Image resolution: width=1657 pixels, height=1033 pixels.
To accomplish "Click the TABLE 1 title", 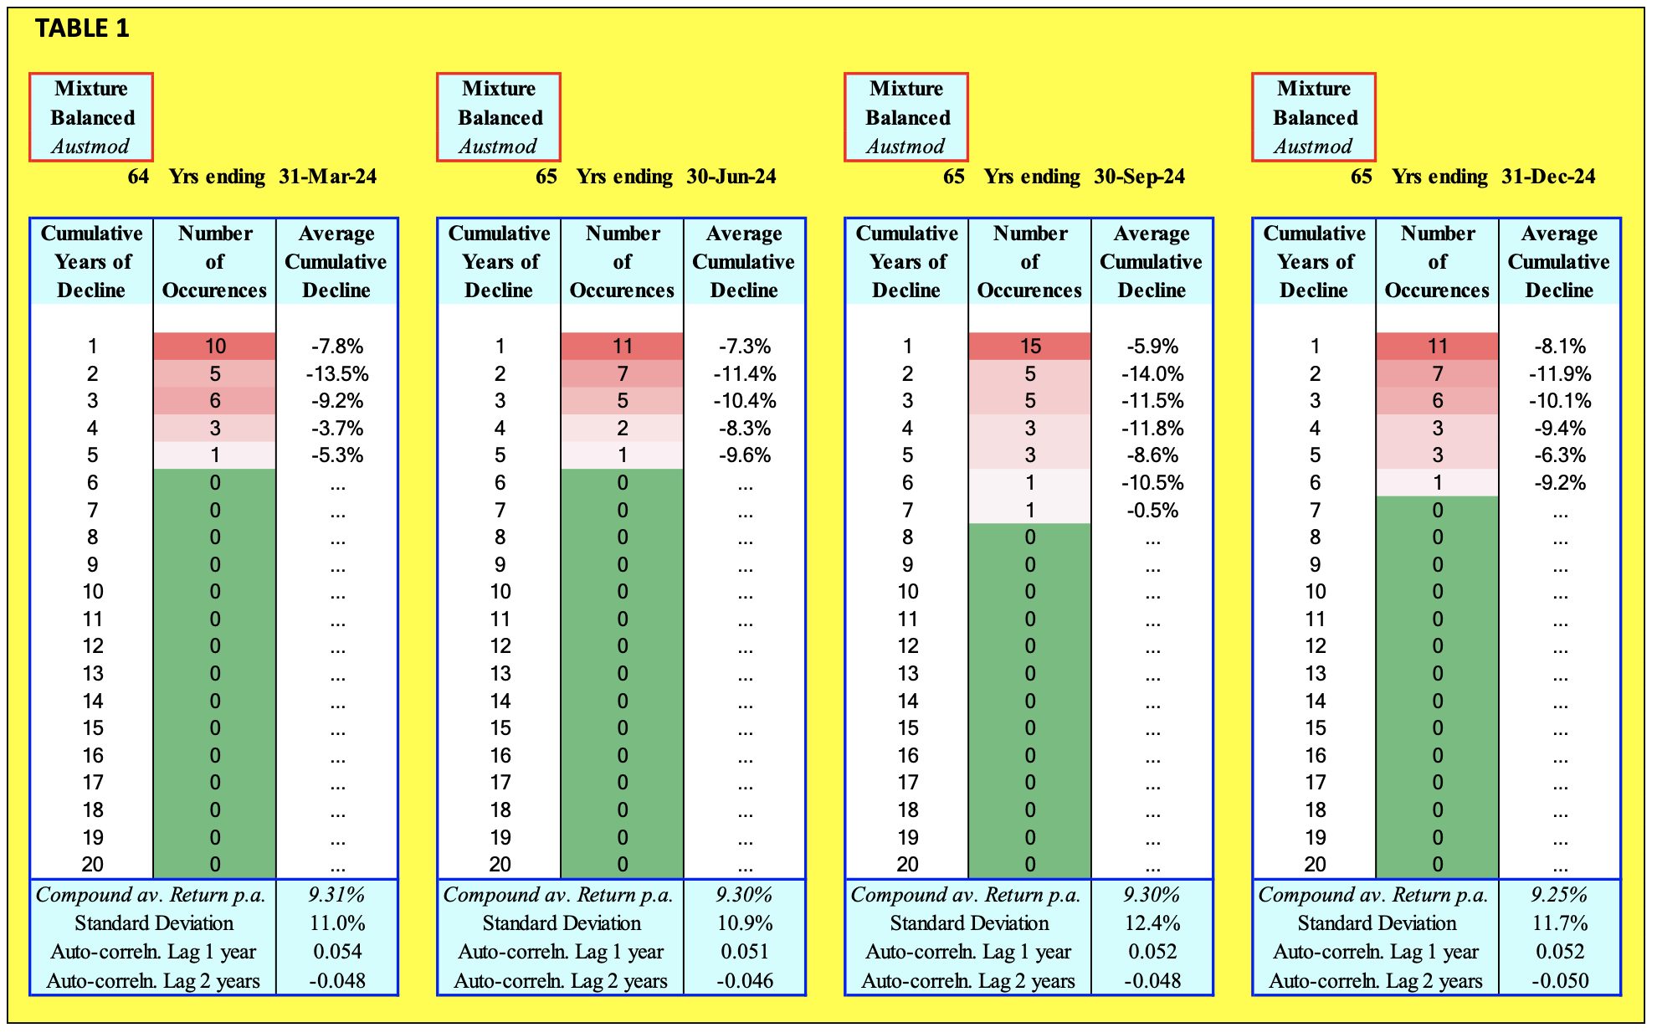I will [82, 28].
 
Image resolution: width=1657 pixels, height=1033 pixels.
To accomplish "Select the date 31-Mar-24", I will [327, 177].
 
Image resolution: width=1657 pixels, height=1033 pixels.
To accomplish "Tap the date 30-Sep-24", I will [1139, 177].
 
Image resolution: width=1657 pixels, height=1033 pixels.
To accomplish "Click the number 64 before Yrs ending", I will [138, 177].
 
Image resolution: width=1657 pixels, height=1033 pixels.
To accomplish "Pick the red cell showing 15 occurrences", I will [1029, 346].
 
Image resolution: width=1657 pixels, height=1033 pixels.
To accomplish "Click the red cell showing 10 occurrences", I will [215, 346].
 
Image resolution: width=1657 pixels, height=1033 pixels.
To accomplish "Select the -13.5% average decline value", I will [337, 373].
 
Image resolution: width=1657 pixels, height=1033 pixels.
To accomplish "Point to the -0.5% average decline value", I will [1152, 510].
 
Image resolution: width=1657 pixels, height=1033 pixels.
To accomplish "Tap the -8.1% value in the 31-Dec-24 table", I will [1560, 346].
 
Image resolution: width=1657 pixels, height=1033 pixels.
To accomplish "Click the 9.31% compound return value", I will [336, 895].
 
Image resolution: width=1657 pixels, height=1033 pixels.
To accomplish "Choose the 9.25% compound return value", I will [1559, 895].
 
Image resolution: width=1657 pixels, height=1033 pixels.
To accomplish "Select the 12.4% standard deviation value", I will [1152, 923].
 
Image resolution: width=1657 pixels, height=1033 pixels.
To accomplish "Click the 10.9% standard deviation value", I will [744, 923].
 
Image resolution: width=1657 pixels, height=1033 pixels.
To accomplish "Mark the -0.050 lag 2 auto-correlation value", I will [1559, 980].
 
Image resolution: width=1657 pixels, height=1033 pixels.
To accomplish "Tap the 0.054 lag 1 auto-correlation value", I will [337, 952].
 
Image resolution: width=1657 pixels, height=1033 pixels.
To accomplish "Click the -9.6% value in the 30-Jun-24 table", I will [745, 455].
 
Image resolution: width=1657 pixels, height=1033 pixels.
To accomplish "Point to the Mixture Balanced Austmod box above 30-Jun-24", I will [499, 117].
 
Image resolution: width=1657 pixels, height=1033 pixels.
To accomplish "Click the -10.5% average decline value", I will [1152, 483].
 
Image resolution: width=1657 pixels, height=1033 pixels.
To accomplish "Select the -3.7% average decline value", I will [337, 429].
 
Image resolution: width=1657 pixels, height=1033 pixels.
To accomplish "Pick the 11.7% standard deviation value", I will [1559, 923].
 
